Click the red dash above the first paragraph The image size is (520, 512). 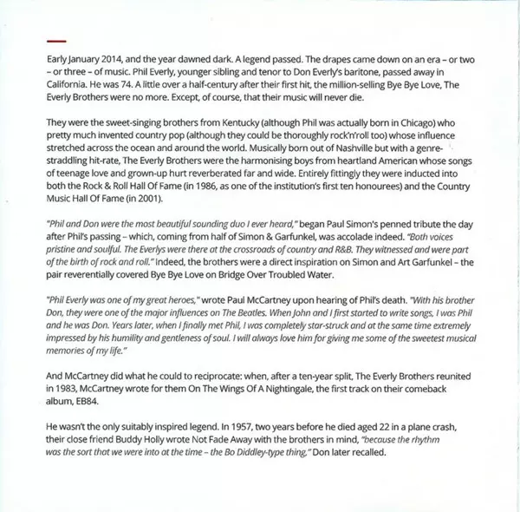pyautogui.click(x=56, y=40)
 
